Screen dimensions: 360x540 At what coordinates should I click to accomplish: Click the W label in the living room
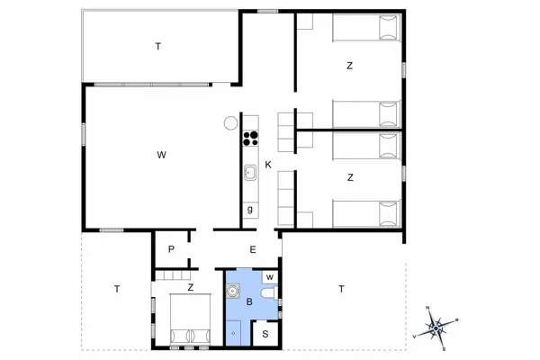coord(161,156)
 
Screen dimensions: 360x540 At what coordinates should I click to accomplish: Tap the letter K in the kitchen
coord(268,164)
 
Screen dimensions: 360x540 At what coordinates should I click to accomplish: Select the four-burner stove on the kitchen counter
coord(250,139)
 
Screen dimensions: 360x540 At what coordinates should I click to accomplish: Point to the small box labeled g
coord(249,211)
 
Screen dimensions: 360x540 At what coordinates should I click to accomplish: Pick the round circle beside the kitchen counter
coord(231,122)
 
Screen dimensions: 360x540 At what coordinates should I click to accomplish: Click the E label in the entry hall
coord(253,250)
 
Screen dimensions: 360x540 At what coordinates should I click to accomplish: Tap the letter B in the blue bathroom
coord(249,302)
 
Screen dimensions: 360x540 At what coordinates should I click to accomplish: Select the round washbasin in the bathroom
coord(233,291)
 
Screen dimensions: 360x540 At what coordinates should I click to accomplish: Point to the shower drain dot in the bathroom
coord(234,332)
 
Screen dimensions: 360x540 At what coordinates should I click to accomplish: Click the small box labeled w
coord(270,276)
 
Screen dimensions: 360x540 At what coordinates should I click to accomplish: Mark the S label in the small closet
coord(265,334)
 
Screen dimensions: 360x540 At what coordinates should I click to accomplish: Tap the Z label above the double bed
coord(190,288)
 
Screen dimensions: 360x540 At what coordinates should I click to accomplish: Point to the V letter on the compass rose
coord(414,336)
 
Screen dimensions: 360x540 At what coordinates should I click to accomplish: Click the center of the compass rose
coord(436,328)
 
